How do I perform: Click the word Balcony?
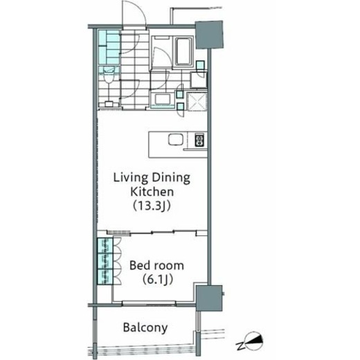point(145,328)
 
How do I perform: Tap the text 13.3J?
point(152,206)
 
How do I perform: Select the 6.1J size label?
point(157,280)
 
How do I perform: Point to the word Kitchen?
point(152,192)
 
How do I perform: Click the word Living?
point(131,178)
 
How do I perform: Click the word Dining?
point(171,178)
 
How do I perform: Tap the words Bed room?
point(156,265)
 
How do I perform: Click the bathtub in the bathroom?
point(183,51)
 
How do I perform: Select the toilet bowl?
point(108,78)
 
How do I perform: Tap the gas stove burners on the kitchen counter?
point(199,140)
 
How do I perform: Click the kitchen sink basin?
point(175,140)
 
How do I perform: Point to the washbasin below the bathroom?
point(163,99)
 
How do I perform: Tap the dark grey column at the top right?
point(209,35)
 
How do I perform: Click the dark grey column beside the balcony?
point(209,298)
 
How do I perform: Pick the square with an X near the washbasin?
point(197,101)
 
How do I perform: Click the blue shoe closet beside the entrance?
point(109,47)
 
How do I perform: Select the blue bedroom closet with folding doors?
point(105,261)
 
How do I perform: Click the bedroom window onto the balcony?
point(149,303)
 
